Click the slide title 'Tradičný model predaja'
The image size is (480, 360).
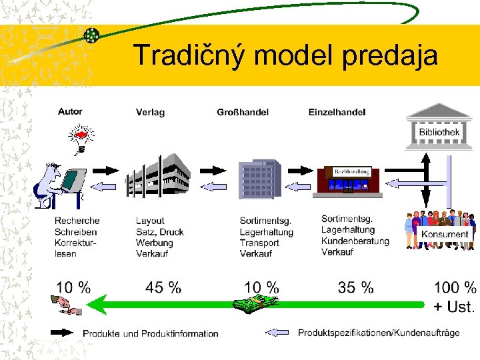(x=285, y=55)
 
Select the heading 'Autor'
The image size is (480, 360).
(x=70, y=111)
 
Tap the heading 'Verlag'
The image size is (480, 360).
(x=150, y=112)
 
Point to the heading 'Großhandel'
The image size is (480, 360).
(x=243, y=112)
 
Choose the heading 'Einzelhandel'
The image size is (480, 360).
(x=337, y=112)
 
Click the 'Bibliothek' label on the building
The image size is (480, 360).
(x=439, y=133)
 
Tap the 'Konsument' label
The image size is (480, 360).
(x=444, y=234)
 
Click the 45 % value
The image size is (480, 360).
(x=163, y=288)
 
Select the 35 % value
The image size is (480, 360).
(x=356, y=288)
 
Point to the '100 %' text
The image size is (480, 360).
(x=455, y=288)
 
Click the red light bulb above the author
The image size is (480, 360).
(x=81, y=137)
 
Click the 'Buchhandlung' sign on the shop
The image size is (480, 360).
(x=351, y=171)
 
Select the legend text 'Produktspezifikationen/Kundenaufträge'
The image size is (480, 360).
(x=379, y=333)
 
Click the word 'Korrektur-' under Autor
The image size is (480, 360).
(x=73, y=243)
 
